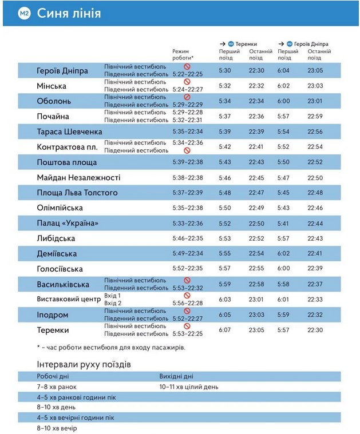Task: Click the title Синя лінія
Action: coord(69,13)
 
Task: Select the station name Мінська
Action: coord(52,86)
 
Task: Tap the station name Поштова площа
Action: coord(67,162)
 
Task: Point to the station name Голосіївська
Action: coord(60,269)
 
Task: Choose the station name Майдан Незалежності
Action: coord(78,178)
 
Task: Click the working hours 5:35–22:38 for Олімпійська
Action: coord(188,208)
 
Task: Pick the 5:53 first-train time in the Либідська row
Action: coord(224,238)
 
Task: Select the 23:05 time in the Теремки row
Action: coord(256,330)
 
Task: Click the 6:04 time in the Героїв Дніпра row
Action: coord(284,70)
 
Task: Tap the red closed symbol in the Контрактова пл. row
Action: coord(187,150)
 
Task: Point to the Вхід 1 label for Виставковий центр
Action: coord(112,296)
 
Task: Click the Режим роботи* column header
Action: coord(183,55)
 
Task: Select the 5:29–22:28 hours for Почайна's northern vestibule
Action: coord(188,112)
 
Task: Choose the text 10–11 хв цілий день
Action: coord(189,387)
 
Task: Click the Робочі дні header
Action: coord(53,376)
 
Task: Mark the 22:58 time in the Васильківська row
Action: coord(256,284)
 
